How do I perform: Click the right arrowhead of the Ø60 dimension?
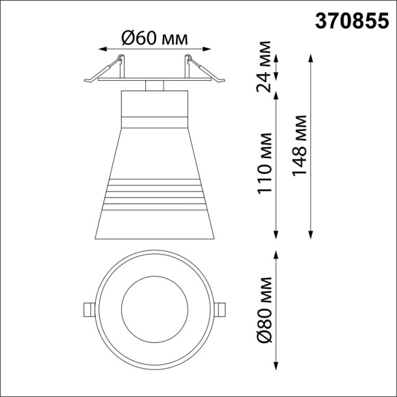pyautogui.click(x=205, y=49)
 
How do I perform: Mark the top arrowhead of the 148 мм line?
pyautogui.click(x=312, y=55)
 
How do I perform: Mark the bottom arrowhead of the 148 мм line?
pyautogui.click(x=312, y=235)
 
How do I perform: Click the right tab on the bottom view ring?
pyautogui.click(x=220, y=309)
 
